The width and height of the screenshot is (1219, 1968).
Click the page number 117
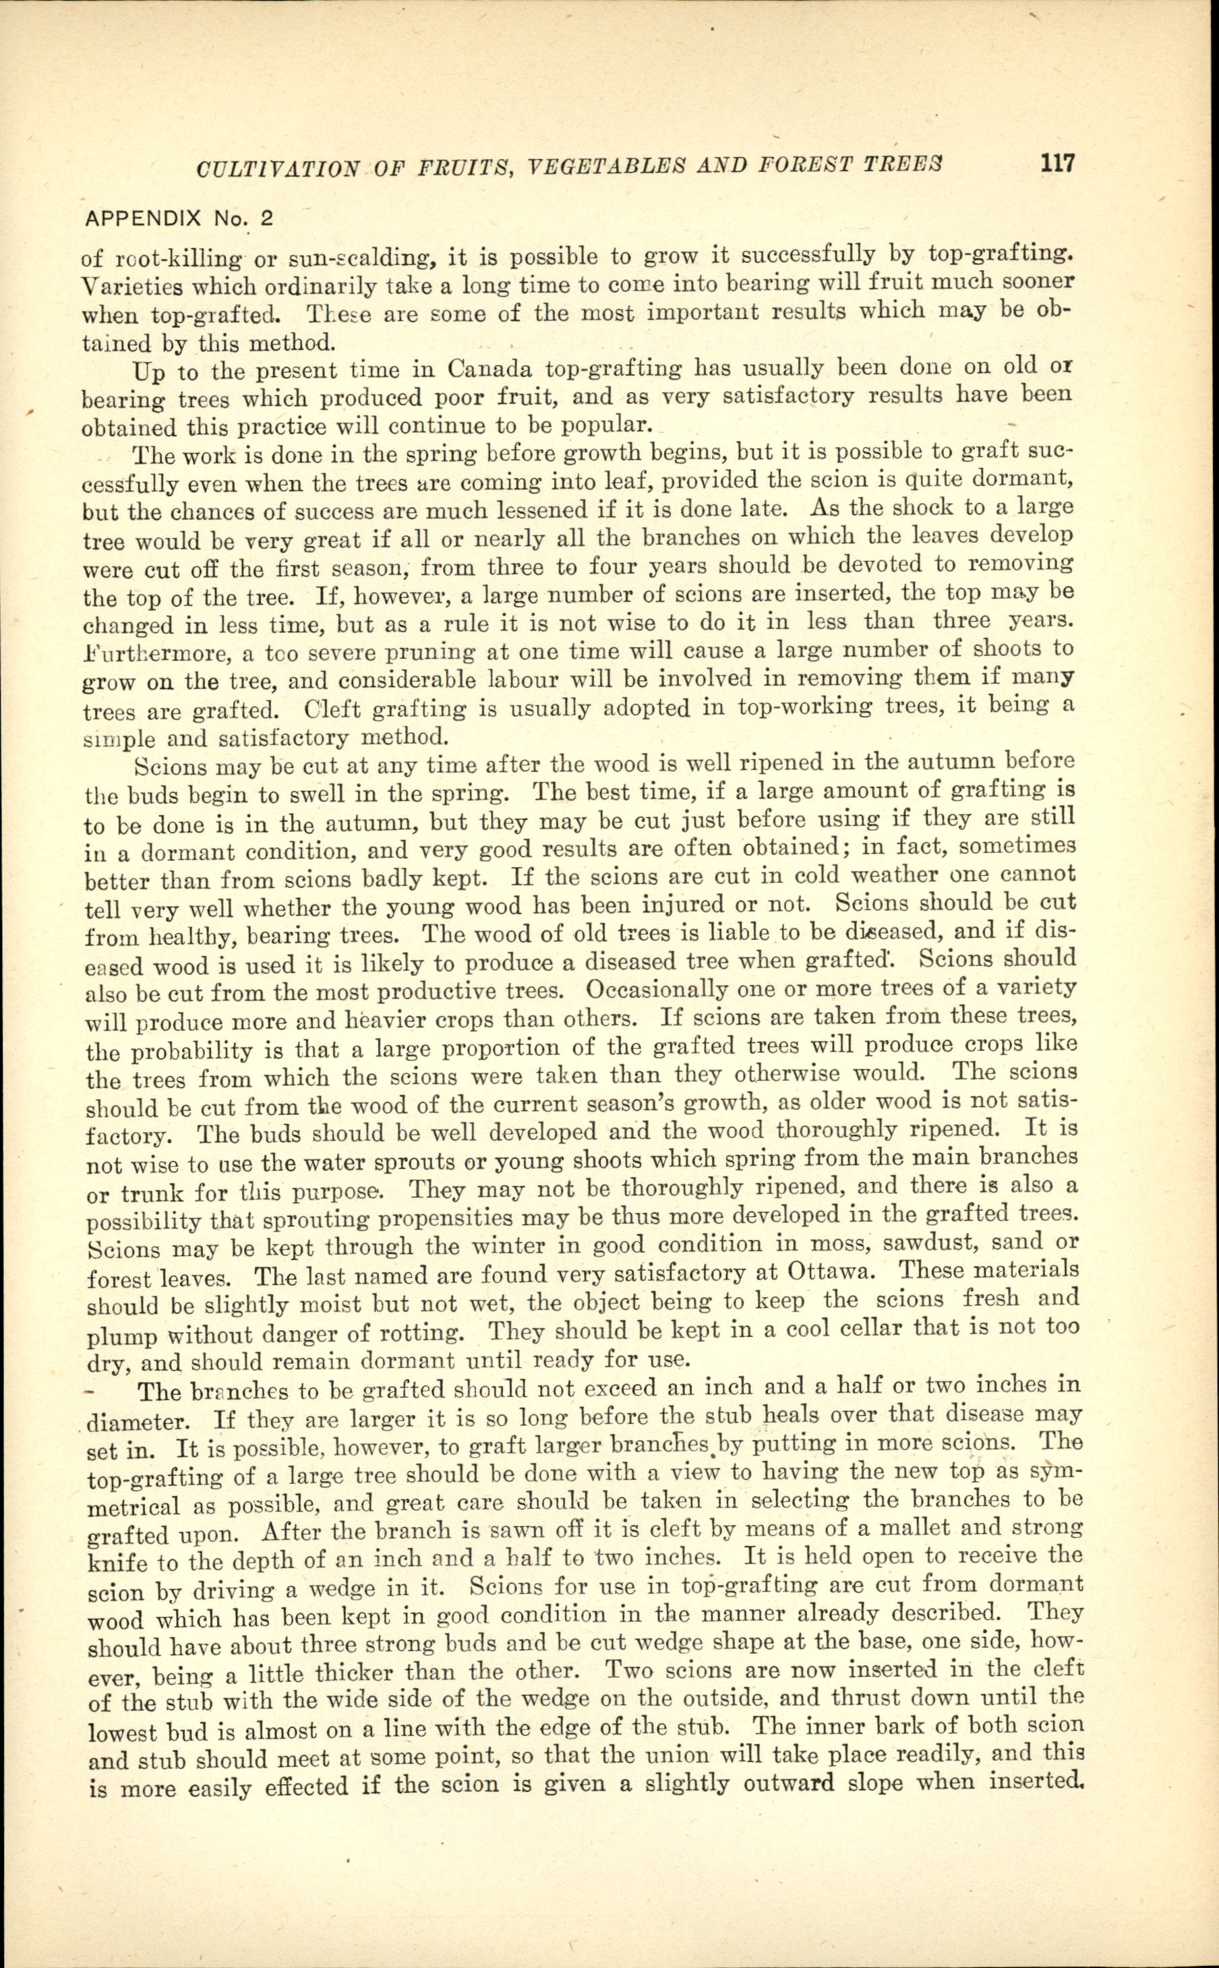click(1057, 164)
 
